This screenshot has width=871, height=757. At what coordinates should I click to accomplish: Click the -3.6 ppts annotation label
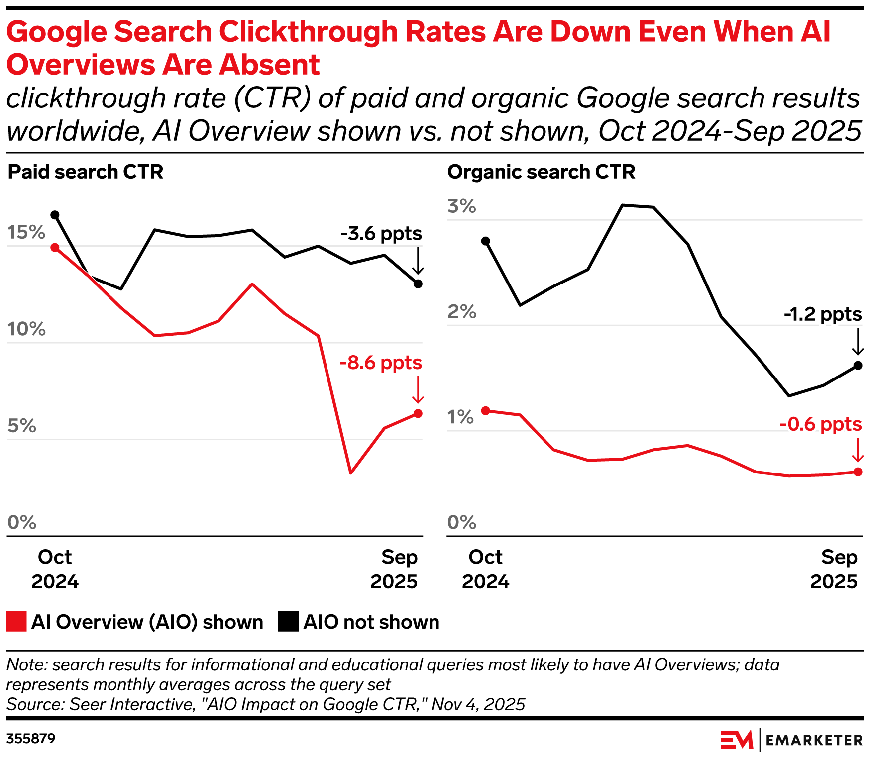tap(381, 234)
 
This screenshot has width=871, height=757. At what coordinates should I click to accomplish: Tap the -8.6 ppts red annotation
tap(381, 363)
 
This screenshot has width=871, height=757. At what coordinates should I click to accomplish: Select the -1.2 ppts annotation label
tap(822, 314)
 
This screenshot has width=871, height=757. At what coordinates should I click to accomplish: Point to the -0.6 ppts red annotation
tap(820, 424)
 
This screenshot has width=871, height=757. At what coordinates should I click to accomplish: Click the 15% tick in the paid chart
tap(26, 232)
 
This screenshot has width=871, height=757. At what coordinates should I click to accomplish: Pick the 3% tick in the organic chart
tap(461, 206)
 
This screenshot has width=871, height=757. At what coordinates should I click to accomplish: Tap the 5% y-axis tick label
tap(22, 426)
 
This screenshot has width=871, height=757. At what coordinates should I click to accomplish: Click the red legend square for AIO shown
tap(16, 622)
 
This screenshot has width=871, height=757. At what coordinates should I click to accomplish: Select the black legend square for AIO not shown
tap(288, 622)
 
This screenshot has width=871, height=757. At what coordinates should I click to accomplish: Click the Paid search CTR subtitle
tap(86, 172)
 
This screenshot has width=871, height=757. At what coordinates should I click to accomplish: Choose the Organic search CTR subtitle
tap(541, 172)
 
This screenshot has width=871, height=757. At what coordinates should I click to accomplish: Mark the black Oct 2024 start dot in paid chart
tap(55, 215)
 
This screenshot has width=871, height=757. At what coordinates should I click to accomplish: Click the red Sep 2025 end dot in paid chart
tap(418, 413)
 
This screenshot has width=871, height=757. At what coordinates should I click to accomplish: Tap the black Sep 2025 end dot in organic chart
tap(858, 366)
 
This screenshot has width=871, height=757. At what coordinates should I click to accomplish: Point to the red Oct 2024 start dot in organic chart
tap(486, 411)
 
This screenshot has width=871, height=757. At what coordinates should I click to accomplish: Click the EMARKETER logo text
tap(814, 740)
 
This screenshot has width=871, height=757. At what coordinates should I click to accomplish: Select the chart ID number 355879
tap(31, 738)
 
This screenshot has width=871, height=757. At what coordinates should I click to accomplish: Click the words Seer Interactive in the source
tap(132, 704)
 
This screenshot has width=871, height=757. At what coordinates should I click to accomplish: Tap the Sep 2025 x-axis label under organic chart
tap(834, 569)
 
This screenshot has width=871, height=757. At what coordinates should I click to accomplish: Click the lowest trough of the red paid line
tap(351, 473)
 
